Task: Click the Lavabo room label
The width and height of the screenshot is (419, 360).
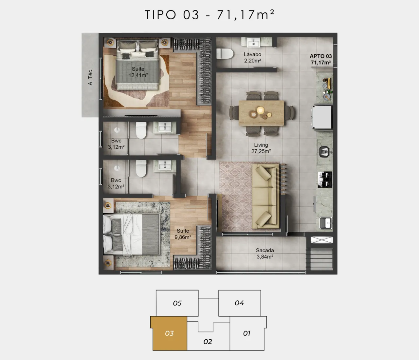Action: (252, 54)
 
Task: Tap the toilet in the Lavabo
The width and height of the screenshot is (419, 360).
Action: (225, 54)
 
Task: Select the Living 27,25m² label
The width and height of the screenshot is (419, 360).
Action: (261, 148)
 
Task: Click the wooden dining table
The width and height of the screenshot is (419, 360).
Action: (262, 113)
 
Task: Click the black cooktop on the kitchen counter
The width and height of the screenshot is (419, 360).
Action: (325, 180)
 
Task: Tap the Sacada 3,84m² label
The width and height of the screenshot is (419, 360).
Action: (265, 254)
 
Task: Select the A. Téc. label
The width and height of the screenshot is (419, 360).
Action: (90, 77)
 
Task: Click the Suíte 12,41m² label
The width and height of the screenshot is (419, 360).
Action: (138, 72)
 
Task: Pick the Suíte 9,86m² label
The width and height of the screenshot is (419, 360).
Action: (183, 234)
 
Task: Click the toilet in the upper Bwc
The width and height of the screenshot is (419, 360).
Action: (141, 130)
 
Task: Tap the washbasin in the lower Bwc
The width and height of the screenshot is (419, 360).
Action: (164, 166)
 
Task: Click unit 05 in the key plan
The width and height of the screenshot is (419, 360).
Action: (177, 303)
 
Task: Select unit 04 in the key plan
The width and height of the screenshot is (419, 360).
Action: (240, 303)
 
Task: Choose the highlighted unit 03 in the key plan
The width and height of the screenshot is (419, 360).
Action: (170, 333)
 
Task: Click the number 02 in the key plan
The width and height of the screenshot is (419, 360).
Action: (208, 342)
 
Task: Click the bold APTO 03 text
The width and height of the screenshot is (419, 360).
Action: (321, 56)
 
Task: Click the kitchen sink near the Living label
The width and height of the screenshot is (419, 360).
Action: (324, 152)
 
